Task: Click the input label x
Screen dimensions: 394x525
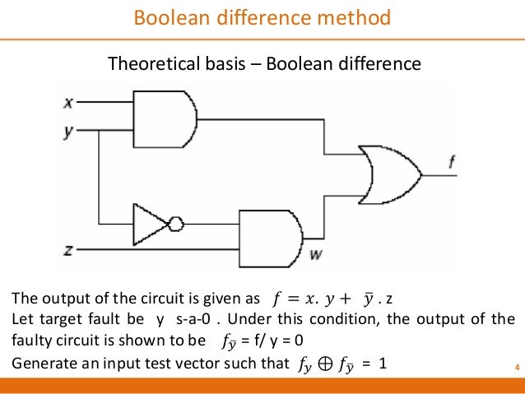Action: (x=69, y=103)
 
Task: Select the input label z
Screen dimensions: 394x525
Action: (x=69, y=248)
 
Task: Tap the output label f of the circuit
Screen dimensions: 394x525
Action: (x=451, y=164)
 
